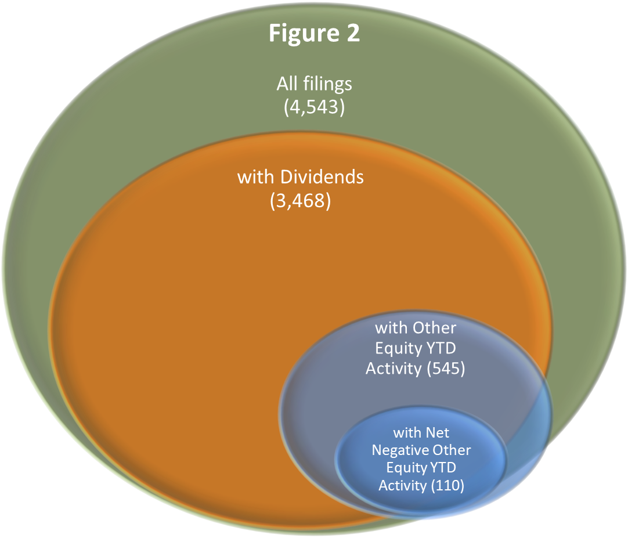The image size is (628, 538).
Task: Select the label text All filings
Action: click(x=314, y=84)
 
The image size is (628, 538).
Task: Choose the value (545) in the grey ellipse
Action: click(x=445, y=369)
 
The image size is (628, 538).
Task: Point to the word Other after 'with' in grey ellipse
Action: click(x=434, y=328)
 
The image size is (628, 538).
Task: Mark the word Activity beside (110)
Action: click(x=402, y=485)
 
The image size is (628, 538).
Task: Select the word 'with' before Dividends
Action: click(x=255, y=177)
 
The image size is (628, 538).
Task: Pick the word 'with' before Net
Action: click(x=407, y=433)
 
